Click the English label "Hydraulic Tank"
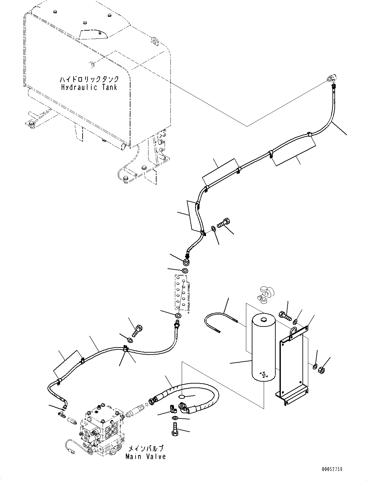89,87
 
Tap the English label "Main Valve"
146,456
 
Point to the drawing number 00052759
331,469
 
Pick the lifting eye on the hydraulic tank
155,41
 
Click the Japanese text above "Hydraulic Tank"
89,79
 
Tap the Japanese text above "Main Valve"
146,448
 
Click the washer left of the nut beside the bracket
315,366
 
